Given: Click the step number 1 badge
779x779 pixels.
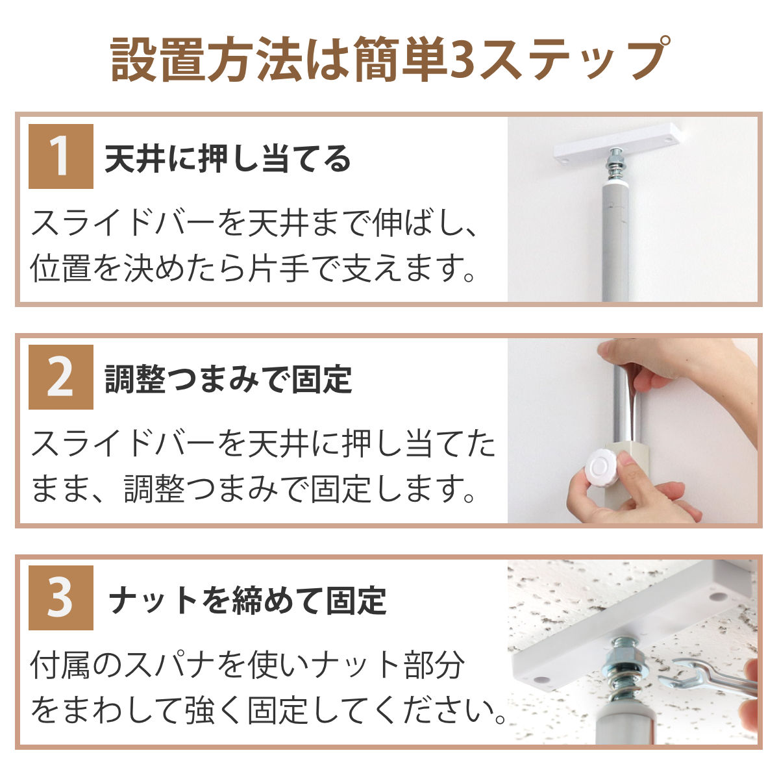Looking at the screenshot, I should (60, 156).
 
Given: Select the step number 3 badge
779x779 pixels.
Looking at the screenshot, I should (60, 597).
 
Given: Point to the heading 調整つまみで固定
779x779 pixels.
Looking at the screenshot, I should (228, 379).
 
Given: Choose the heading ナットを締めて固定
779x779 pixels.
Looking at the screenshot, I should (247, 600).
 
